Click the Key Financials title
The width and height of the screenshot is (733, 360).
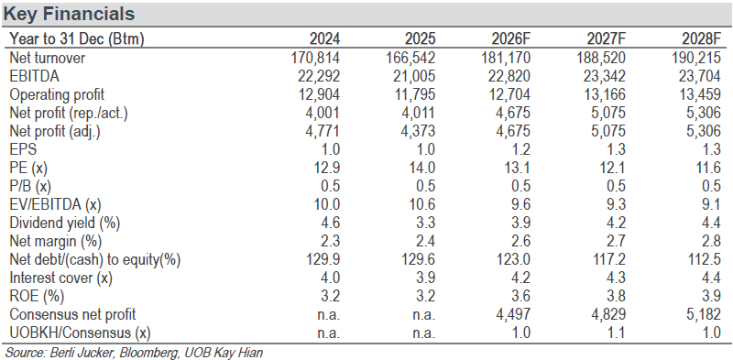click(x=69, y=14)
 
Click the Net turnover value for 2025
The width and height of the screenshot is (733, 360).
click(x=411, y=58)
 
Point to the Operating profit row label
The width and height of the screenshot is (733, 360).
click(x=57, y=94)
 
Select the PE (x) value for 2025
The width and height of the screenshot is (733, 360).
click(x=422, y=168)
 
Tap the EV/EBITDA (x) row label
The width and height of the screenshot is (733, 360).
click(x=56, y=204)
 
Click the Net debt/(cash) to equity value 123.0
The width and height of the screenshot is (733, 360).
click(x=514, y=259)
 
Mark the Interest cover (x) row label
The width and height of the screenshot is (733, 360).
click(x=60, y=278)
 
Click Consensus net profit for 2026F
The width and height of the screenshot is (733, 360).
click(x=513, y=314)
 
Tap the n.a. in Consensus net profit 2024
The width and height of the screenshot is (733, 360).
click(x=327, y=314)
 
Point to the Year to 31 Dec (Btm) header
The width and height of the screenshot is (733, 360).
click(x=77, y=38)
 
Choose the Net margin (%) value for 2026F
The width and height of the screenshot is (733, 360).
click(x=520, y=241)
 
